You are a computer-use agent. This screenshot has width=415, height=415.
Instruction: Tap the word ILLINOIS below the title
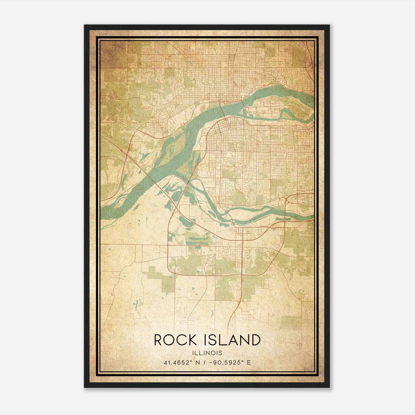pyautogui.click(x=207, y=353)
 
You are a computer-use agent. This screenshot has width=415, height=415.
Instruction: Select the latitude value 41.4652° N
pyautogui.click(x=182, y=362)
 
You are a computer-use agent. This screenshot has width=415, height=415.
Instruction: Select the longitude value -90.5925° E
pyautogui.click(x=231, y=362)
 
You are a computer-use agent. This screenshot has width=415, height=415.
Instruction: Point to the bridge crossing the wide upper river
pyautogui.click(x=223, y=109)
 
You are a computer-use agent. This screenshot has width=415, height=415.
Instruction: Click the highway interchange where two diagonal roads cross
pyautogui.click(x=177, y=207)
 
